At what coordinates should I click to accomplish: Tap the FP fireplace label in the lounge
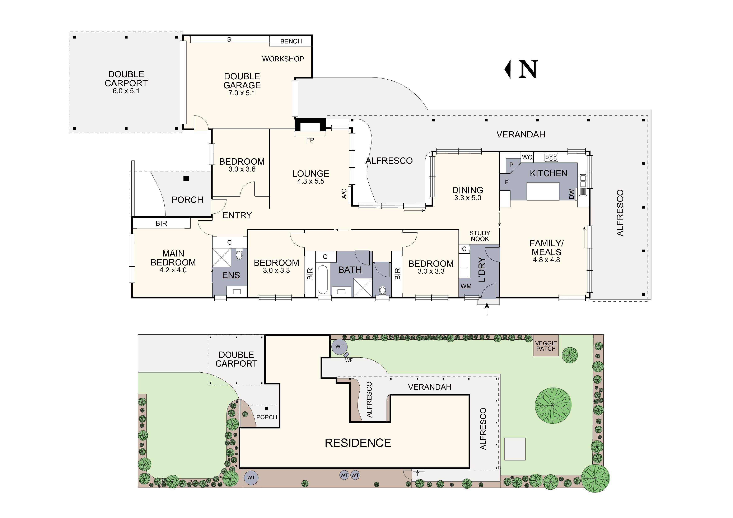(x=310, y=140)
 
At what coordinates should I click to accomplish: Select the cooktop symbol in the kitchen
(x=551, y=157)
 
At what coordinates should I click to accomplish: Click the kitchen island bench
(x=543, y=191)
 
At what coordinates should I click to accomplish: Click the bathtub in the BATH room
(x=323, y=280)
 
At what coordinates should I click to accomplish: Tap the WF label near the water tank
(x=349, y=360)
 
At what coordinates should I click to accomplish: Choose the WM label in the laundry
(x=466, y=286)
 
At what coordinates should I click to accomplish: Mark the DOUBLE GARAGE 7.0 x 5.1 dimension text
(x=242, y=93)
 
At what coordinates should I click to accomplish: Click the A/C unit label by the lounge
(x=344, y=193)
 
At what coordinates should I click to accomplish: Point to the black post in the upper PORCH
(x=186, y=178)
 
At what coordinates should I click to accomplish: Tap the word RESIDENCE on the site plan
(x=358, y=443)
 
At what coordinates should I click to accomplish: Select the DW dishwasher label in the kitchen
(x=572, y=194)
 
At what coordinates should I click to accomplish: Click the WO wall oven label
(x=527, y=157)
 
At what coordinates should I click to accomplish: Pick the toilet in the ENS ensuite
(x=239, y=255)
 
